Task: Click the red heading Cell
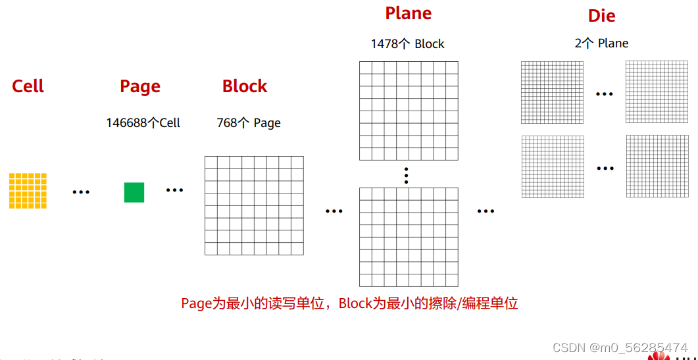tap(28, 86)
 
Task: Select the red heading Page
tap(140, 86)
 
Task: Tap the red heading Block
tap(245, 86)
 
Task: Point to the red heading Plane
tap(409, 13)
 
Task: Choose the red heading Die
tap(601, 16)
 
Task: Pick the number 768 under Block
tap(227, 123)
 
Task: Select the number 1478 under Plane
tap(384, 44)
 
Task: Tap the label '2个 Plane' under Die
tap(601, 43)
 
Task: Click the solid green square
tap(134, 192)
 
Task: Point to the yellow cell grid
tap(28, 191)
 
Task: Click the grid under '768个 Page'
tap(254, 205)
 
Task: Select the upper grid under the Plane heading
tap(409, 111)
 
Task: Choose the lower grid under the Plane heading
tap(409, 237)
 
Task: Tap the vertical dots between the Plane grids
tap(407, 175)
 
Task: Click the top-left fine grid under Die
tap(552, 92)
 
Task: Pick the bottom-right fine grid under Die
tap(657, 166)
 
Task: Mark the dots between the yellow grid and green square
tap(81, 192)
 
